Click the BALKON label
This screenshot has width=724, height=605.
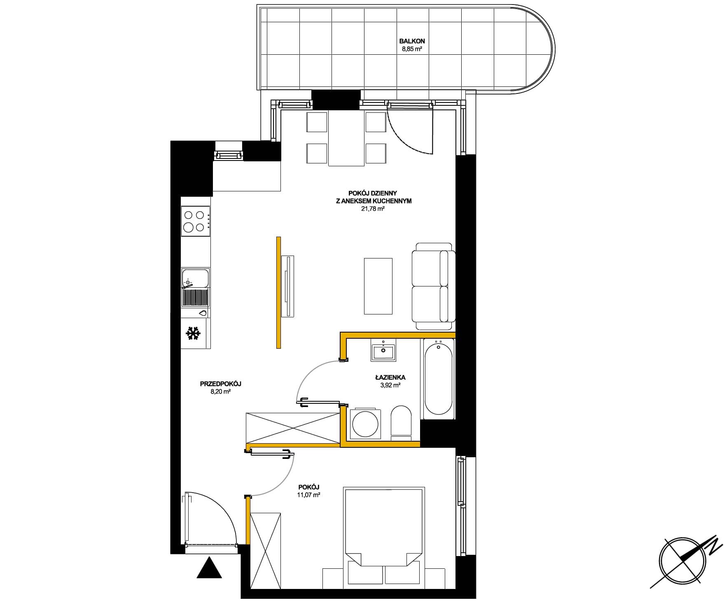click(x=412, y=41)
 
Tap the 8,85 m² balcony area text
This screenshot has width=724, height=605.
click(x=412, y=49)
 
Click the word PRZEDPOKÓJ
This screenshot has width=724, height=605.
click(x=220, y=384)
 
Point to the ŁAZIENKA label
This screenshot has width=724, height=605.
click(x=390, y=377)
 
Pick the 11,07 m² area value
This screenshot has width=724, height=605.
click(x=308, y=495)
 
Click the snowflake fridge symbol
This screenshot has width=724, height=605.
click(x=194, y=333)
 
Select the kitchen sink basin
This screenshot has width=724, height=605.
click(x=195, y=278)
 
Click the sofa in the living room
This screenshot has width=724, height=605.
click(x=433, y=286)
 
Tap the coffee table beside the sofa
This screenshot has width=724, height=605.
click(x=378, y=286)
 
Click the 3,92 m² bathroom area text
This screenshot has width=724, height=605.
click(x=390, y=385)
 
